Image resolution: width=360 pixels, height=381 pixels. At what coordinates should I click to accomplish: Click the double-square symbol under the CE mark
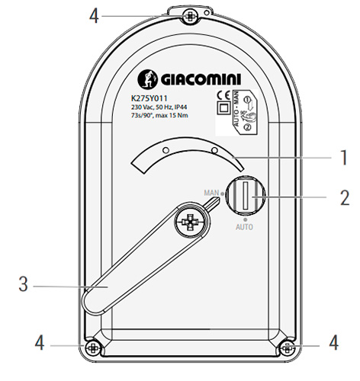[224, 109]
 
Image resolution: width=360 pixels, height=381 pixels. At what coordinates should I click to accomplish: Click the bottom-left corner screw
[92, 347]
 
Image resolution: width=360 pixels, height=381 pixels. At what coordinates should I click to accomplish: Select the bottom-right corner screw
[288, 347]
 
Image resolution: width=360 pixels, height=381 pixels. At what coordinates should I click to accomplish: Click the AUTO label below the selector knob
[244, 226]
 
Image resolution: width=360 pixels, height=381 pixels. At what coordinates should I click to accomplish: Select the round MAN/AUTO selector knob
[245, 200]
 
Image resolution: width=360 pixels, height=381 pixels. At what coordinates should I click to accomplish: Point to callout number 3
[23, 287]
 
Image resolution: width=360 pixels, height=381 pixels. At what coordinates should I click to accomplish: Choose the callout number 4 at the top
[94, 14]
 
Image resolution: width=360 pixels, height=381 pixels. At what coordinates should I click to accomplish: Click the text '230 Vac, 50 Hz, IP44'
[159, 108]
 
